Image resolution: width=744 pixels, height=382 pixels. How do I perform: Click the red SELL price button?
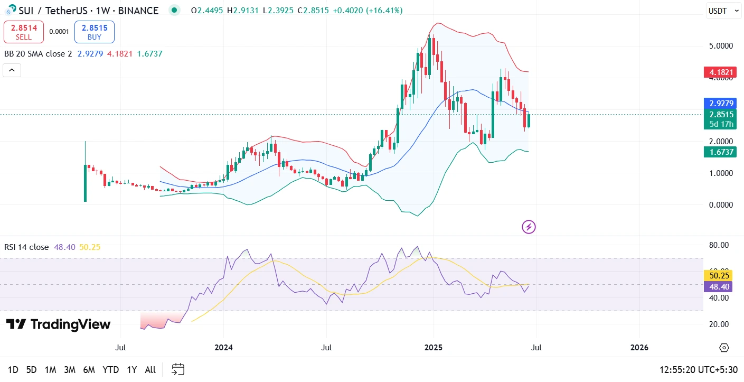coord(23,32)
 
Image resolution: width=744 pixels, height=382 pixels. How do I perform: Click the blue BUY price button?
coord(94,32)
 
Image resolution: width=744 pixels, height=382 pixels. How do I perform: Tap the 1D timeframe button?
coord(13,370)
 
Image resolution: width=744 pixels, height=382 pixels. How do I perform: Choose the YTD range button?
coord(110,370)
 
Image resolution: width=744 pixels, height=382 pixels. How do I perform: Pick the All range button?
coord(150,370)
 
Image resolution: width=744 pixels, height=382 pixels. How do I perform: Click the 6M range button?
coord(89,370)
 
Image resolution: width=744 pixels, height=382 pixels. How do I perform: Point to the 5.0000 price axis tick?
coord(721,46)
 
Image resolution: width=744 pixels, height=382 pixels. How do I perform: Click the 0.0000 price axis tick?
coord(721,205)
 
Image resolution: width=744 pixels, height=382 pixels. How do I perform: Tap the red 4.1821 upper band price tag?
coord(721,72)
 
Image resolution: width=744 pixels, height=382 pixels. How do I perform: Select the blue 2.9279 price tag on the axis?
coord(721,104)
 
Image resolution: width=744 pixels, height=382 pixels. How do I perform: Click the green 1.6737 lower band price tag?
coord(721,152)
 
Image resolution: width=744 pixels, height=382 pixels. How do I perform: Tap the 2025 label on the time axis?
coord(433,348)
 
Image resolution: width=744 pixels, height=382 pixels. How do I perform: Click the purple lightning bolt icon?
coord(529,227)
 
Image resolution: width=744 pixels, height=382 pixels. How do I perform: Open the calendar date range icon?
coord(178,369)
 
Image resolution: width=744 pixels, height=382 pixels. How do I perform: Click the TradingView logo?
coord(58,324)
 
